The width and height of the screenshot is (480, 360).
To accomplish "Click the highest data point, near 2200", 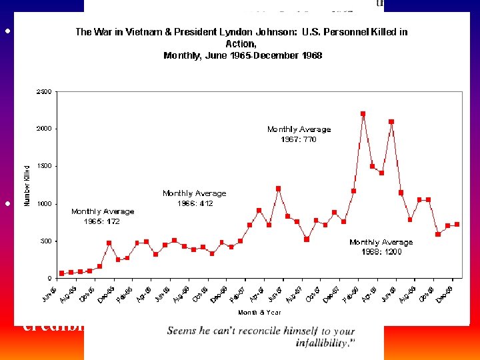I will coord(363,114).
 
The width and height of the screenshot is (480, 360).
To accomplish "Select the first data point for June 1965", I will coord(62,273).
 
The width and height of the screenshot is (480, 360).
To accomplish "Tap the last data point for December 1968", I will coord(457,225).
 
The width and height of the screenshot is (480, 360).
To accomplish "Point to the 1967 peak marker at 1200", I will coord(278,189).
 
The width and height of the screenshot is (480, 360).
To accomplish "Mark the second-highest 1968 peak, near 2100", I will coord(391,122).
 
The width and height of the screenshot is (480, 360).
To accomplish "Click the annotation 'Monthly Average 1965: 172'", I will coord(103,216).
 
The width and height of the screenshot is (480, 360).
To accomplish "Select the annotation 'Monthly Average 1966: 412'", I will coord(194,198).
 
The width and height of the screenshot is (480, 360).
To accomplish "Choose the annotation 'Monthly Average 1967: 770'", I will coord(299,134).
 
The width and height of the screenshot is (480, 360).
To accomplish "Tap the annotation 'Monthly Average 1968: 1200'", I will coord(381,247).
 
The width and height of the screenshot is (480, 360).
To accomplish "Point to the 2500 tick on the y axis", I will coord(44,91).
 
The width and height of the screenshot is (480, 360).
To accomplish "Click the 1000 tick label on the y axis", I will coord(44,204).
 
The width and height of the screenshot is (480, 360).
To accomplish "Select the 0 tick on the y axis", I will coord(49,278).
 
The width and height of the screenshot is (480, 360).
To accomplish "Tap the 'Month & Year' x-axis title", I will coord(259,312).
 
